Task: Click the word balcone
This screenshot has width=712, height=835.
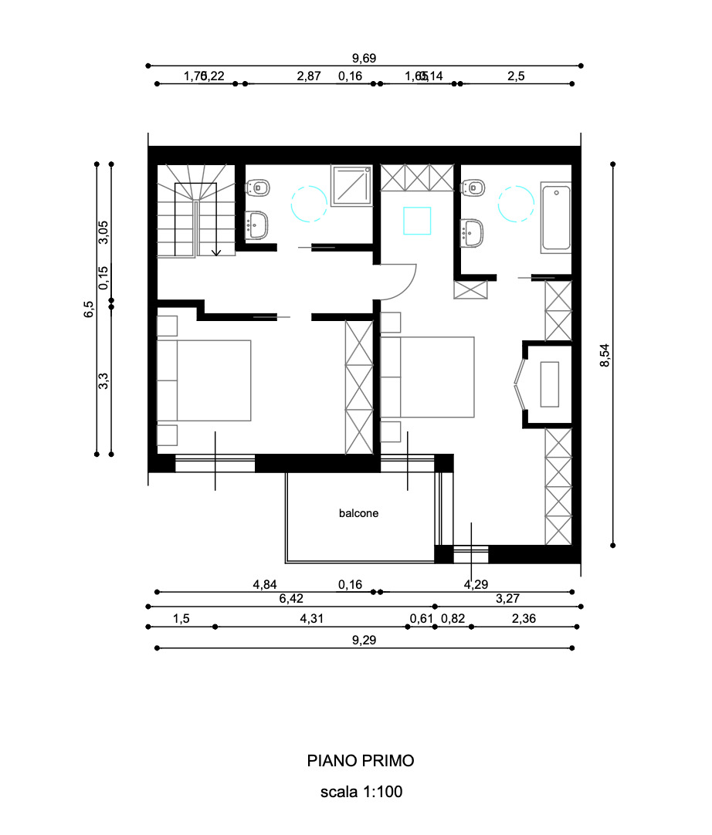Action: (359, 512)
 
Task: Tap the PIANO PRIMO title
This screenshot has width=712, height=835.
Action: (361, 761)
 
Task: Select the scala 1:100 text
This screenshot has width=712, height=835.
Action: (361, 792)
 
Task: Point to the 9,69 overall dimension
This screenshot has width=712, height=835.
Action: (364, 58)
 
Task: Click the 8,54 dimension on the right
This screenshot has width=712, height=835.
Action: (605, 356)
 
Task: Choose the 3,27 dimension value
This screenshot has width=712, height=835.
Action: (507, 597)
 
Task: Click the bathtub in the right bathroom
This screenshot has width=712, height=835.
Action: (555, 218)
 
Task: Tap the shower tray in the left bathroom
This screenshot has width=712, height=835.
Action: (351, 186)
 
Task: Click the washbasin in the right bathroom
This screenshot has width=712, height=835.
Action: (472, 229)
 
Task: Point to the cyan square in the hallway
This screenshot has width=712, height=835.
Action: (417, 220)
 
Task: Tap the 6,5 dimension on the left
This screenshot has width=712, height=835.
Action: (89, 309)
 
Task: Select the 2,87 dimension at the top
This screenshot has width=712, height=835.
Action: (308, 76)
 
